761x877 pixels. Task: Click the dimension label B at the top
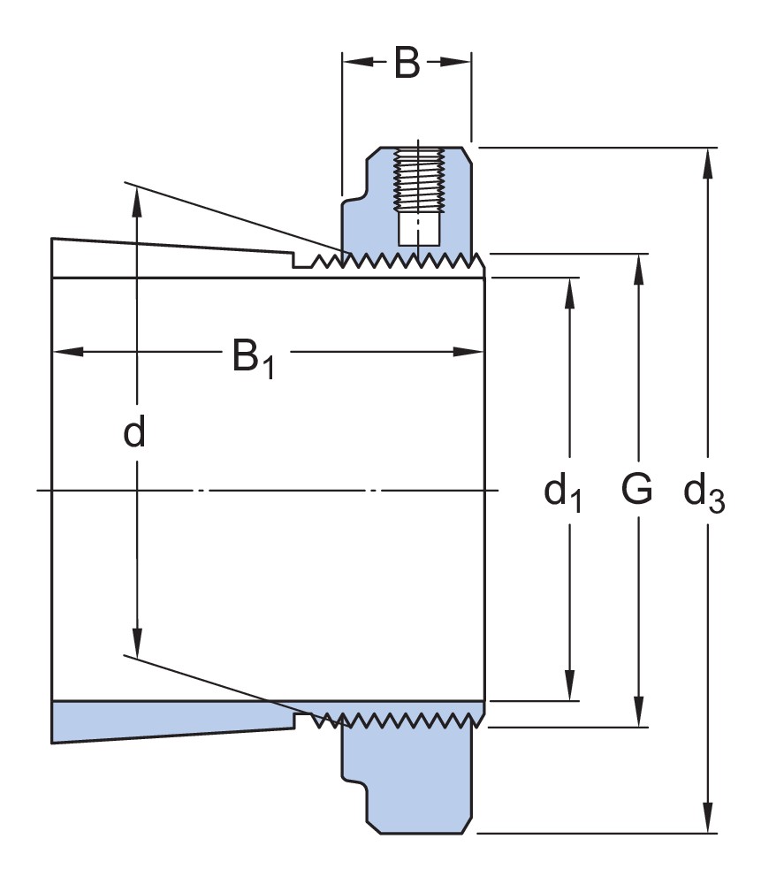click(x=407, y=63)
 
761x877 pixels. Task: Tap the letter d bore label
click(x=134, y=433)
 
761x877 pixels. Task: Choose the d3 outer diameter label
click(x=704, y=492)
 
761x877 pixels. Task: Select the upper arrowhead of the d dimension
click(x=137, y=199)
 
